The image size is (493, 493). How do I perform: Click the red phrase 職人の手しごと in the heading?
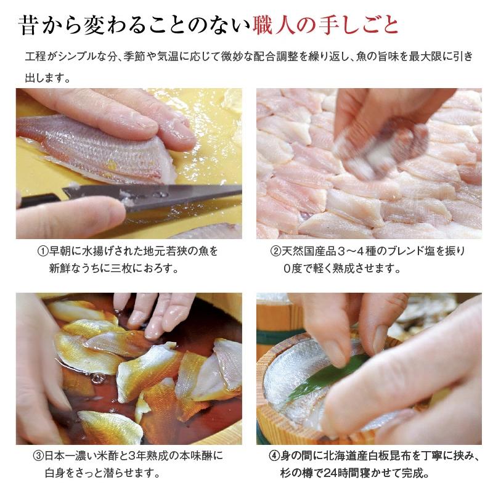(x=325, y=25)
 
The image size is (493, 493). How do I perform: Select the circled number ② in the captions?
(x=277, y=252)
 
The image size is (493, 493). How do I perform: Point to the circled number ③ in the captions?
(x=38, y=458)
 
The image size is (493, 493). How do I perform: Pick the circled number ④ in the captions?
(x=274, y=458)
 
